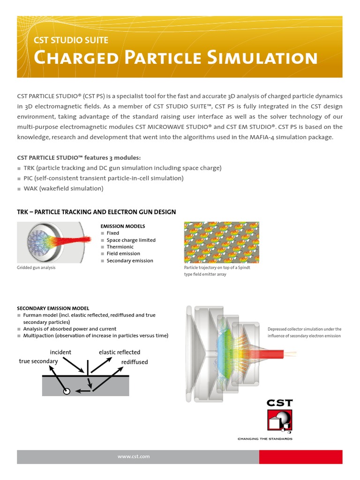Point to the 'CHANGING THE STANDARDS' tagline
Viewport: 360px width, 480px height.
265,439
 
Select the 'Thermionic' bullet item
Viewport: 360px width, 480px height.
120,247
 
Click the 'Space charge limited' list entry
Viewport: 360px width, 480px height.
131,240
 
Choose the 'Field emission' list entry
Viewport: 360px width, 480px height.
123,254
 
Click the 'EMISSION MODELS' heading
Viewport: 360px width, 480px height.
123,226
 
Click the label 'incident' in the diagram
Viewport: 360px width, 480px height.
60,352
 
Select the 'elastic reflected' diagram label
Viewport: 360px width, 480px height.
120,352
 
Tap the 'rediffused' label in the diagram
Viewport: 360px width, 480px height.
135,362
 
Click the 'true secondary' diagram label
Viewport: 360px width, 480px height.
38,361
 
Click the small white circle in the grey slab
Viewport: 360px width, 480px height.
67,391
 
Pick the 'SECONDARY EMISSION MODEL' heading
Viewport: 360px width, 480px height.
53,308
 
